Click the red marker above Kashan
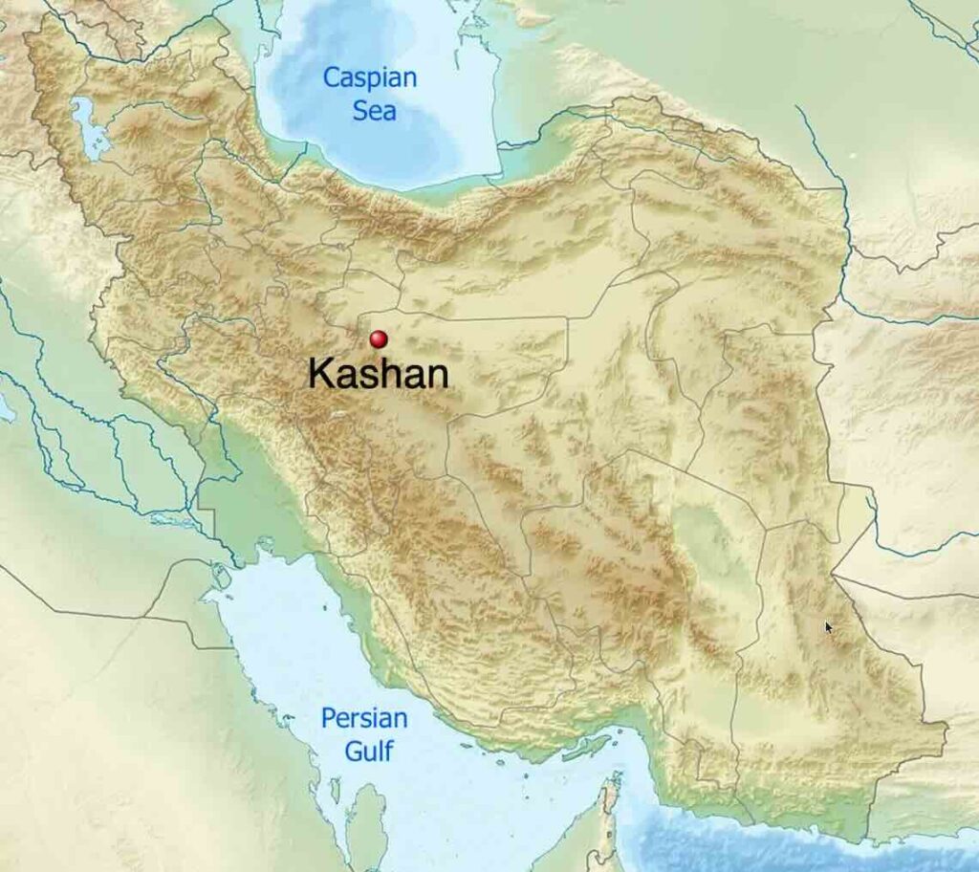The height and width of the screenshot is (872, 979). point(379,338)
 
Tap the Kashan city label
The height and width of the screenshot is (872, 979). point(379,374)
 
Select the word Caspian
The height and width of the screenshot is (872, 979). point(370,77)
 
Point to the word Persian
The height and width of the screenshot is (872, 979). point(364,718)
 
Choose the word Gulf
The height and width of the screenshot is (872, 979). point(370,751)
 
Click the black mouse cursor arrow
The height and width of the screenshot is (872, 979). point(828,626)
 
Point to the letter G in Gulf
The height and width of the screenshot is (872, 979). point(353,751)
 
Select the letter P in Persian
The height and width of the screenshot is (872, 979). point(329,718)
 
